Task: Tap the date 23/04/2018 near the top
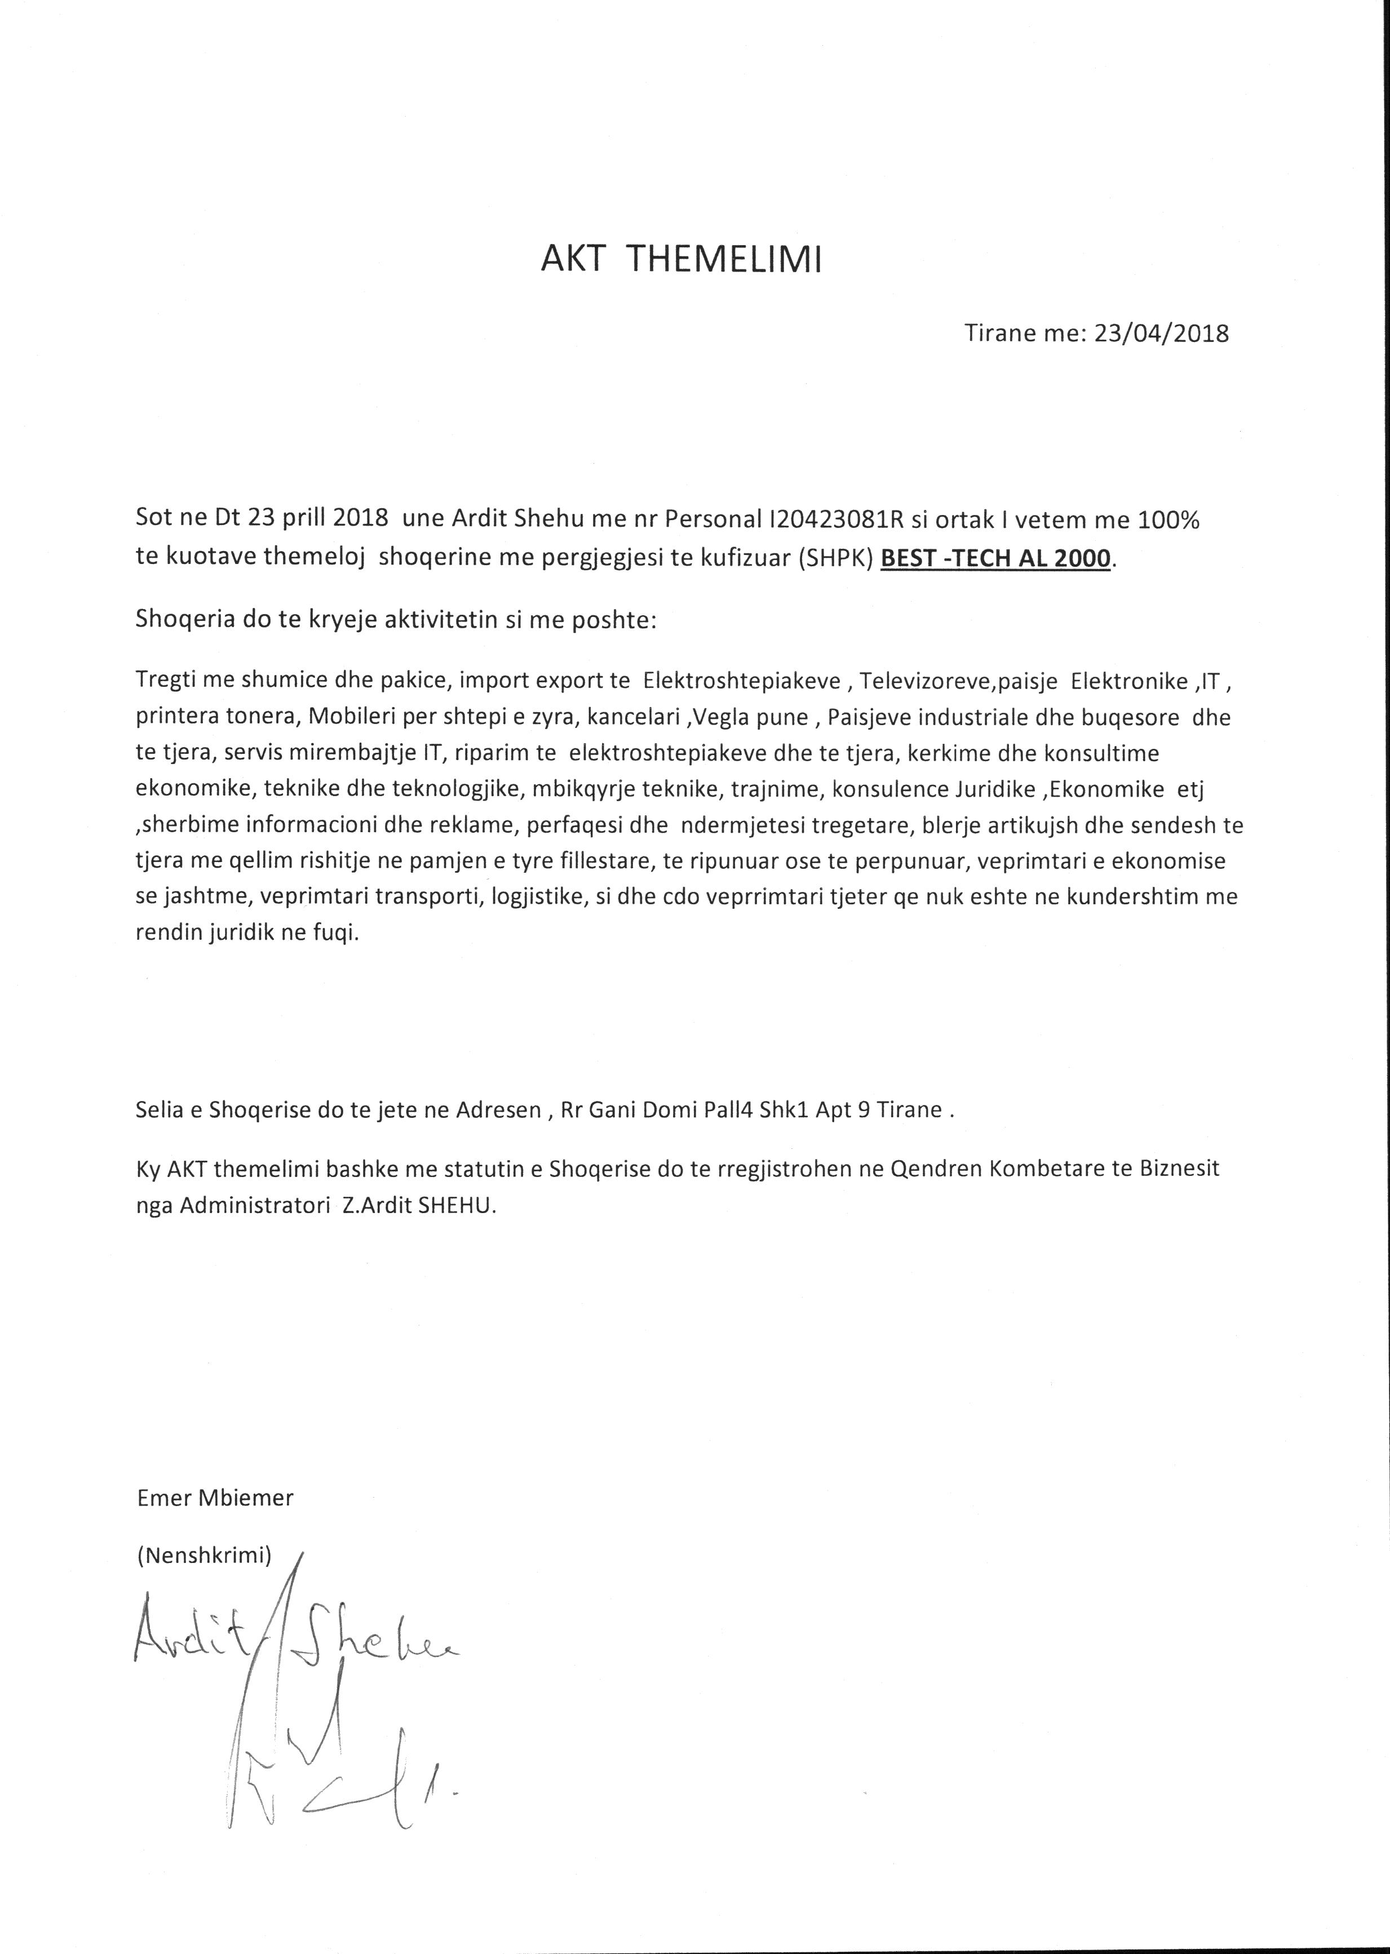pos(1162,333)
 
